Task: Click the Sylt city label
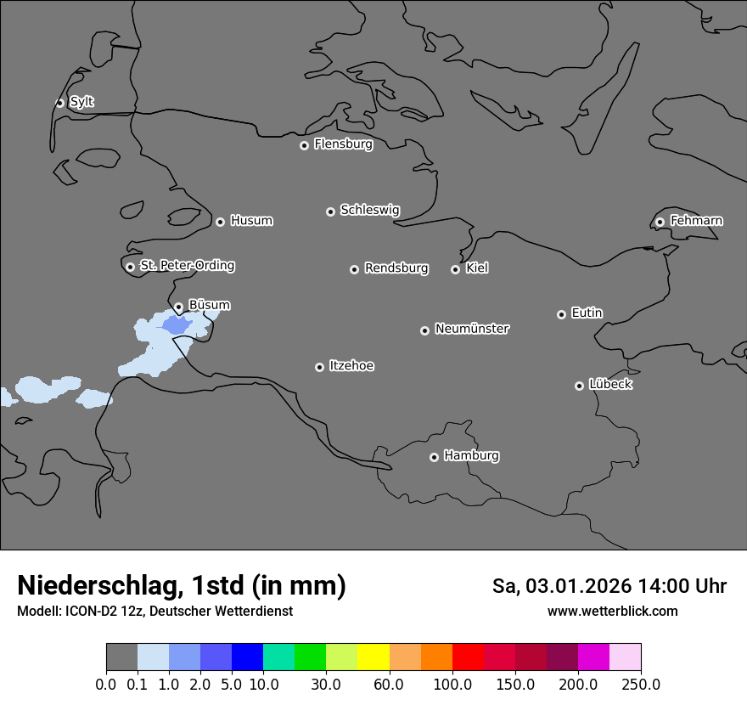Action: (x=81, y=102)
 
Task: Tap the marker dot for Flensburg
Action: (x=304, y=145)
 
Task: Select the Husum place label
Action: (x=251, y=221)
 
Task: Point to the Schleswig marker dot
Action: (x=330, y=211)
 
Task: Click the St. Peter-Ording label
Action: (x=187, y=266)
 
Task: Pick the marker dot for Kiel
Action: (x=455, y=269)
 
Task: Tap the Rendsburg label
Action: (x=396, y=268)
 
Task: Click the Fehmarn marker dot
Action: (x=660, y=222)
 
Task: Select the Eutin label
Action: (x=587, y=313)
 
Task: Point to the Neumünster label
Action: (x=472, y=329)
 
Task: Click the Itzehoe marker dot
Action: (x=319, y=367)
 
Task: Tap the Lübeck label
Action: (x=610, y=385)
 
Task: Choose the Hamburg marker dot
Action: (x=434, y=457)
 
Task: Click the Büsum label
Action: (x=209, y=305)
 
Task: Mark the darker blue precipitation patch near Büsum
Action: (x=177, y=325)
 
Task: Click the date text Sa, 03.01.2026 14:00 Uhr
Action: (x=609, y=586)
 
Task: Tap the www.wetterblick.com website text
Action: (x=612, y=612)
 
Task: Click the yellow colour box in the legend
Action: (x=373, y=657)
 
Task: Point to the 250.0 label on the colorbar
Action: (x=641, y=684)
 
